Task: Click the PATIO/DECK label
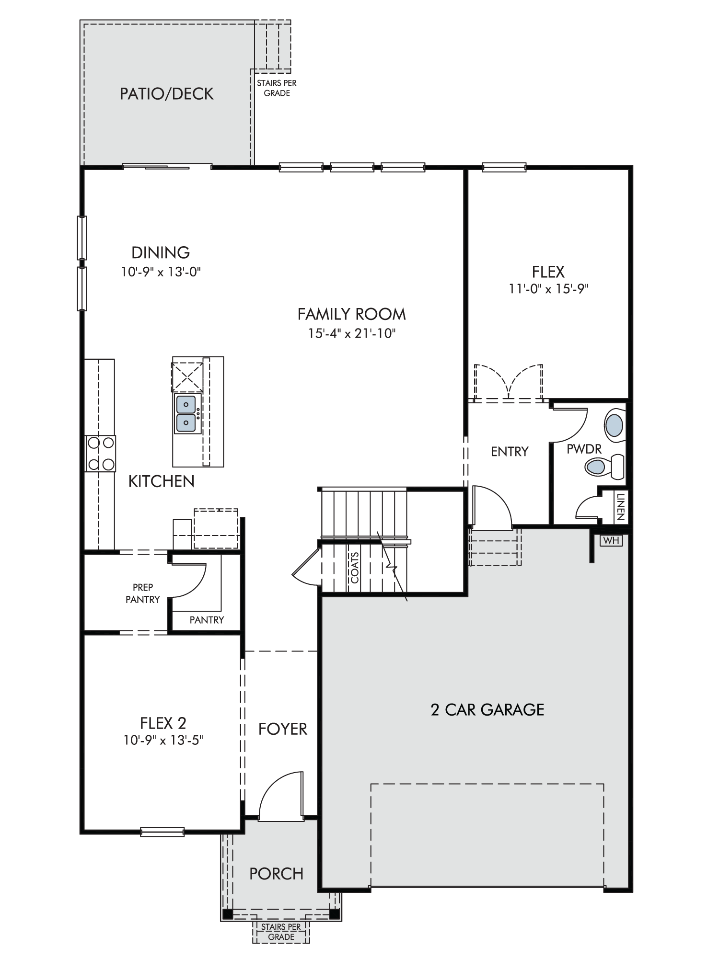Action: pos(166,94)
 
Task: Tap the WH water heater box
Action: pos(611,540)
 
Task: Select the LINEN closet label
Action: pos(621,507)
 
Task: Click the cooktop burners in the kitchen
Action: pos(100,453)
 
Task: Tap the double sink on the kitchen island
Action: pos(186,413)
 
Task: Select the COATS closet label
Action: pos(355,568)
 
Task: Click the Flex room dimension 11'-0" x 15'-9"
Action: pos(548,289)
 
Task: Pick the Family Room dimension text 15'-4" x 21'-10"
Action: pos(351,333)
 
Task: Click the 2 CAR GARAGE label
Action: pos(487,709)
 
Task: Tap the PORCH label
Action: pos(277,874)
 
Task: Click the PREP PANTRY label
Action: pos(143,593)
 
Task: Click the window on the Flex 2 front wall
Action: pos(162,832)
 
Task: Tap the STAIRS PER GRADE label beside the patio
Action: pos(277,88)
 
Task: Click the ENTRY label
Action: pos(510,451)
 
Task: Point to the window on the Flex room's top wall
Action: pos(504,167)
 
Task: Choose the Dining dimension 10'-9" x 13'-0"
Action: pos(161,272)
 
